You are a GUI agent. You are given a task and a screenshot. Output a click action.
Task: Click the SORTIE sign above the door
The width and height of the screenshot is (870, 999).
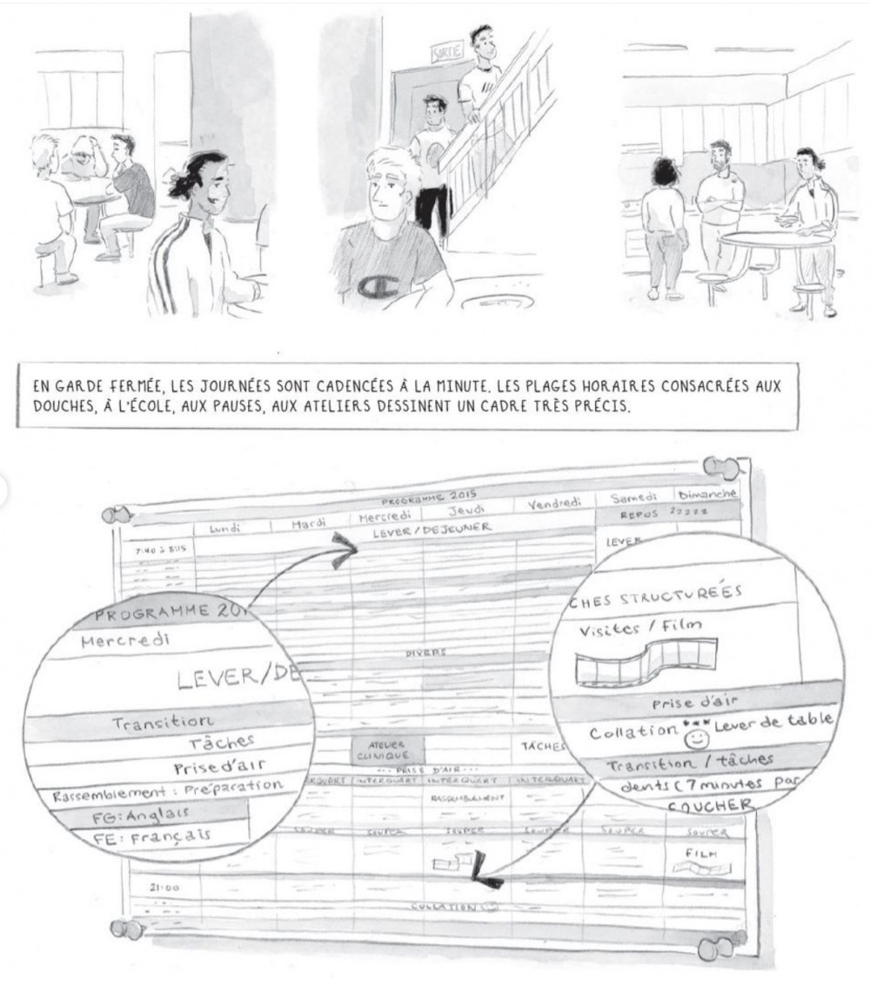point(449,53)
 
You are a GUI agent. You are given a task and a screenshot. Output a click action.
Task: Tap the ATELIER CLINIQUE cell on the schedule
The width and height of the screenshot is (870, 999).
point(386,750)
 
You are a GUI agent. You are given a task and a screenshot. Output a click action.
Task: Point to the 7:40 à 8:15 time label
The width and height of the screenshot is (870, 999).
point(160,549)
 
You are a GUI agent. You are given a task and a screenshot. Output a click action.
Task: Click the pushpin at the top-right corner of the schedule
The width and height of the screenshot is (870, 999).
point(725,470)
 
